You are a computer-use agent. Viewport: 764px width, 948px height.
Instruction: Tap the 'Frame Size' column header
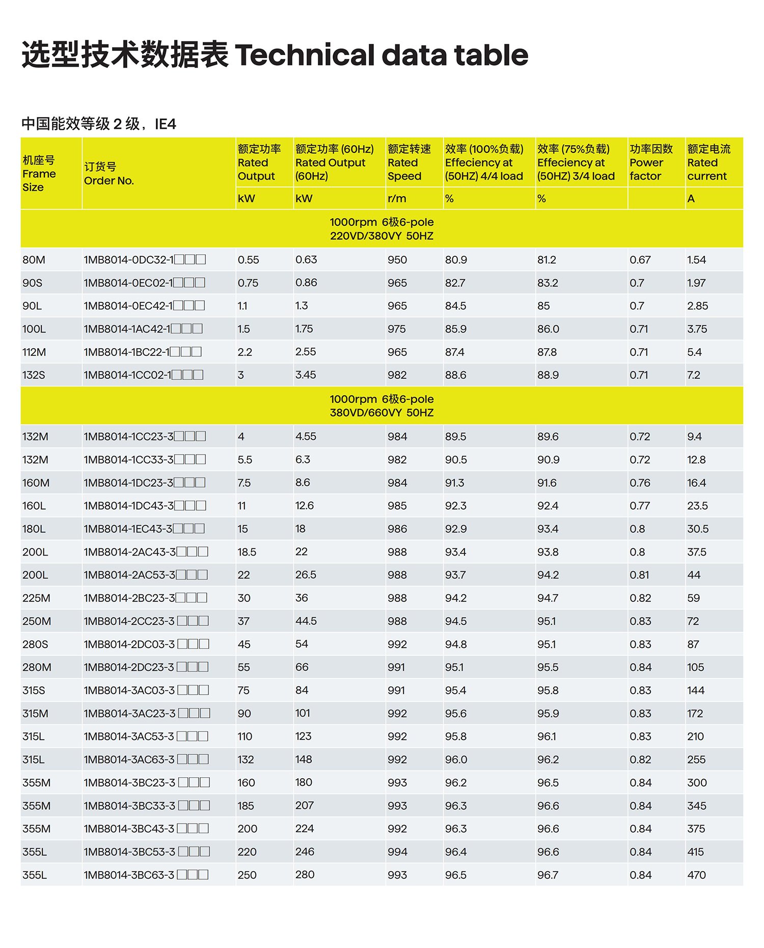point(39,174)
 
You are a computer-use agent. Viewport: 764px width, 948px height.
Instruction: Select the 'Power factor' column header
point(650,163)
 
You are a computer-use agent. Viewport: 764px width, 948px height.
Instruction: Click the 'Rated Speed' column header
point(408,163)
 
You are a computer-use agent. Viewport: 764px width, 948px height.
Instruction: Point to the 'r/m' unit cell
point(397,199)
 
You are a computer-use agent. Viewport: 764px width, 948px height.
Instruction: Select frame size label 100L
point(34,329)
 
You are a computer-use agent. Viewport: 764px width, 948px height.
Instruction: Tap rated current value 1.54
point(696,260)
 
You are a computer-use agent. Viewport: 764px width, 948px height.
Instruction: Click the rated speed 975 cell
point(397,329)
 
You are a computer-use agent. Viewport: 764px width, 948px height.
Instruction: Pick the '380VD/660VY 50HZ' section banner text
point(381,413)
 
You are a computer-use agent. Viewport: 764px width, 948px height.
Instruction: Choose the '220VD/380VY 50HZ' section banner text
point(381,236)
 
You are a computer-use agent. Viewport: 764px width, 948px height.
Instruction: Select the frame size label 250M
point(37,621)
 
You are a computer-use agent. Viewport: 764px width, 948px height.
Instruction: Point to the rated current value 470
point(696,875)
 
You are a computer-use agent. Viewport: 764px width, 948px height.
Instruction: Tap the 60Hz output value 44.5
point(306,621)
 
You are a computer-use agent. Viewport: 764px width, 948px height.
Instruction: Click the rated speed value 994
point(397,852)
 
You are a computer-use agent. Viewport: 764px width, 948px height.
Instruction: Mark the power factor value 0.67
point(640,260)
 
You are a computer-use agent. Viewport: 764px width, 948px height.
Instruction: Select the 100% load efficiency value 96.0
point(456,760)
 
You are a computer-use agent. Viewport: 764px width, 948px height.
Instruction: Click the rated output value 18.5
point(247,552)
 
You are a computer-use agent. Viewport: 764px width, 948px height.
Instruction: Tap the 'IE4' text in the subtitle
point(166,124)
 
